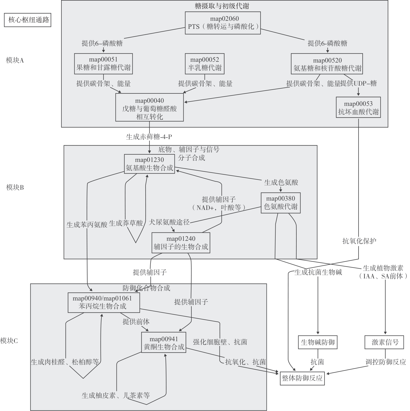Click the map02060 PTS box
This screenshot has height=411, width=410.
[223, 23]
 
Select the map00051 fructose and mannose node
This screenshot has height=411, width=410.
[103, 64]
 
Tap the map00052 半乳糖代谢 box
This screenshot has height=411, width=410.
[205, 64]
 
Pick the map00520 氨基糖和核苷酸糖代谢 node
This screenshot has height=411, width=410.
[327, 64]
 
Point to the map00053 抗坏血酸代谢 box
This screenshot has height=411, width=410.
[358, 107]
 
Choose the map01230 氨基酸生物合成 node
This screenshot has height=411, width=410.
[149, 164]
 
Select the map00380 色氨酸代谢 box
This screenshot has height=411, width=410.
[281, 203]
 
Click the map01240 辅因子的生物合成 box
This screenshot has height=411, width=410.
[181, 243]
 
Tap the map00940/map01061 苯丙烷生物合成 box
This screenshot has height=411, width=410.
[103, 303]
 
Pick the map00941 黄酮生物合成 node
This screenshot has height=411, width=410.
[164, 343]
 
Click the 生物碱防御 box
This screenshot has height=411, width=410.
[317, 342]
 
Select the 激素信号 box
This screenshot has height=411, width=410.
[385, 342]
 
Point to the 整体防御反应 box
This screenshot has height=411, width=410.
[302, 378]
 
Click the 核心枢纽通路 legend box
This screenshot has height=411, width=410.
[28, 20]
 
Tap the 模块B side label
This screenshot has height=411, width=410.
[15, 187]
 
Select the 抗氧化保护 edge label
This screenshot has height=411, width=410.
[359, 241]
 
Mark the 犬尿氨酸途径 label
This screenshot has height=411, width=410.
[169, 222]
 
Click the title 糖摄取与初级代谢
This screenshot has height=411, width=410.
[222, 6]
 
